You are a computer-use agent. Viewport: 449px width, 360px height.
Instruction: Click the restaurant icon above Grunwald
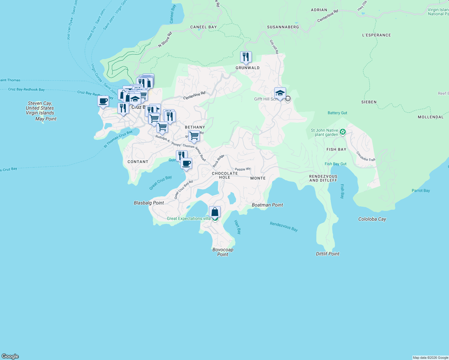point(246,57)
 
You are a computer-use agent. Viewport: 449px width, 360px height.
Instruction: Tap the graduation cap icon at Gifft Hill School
point(280,93)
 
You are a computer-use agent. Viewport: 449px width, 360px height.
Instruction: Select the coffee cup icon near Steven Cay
point(103,101)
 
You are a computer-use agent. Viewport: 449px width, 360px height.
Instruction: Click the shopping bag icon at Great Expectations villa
point(215,212)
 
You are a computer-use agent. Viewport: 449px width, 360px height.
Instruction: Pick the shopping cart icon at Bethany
point(194,136)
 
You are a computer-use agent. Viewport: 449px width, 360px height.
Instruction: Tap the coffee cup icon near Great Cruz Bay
point(186,163)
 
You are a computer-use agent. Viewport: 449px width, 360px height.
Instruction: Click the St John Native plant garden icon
point(343,132)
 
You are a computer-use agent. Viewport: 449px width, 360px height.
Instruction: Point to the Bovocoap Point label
point(223,252)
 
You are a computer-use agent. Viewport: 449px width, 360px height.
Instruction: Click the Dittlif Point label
point(327,254)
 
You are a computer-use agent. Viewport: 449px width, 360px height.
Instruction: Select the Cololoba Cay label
point(372,219)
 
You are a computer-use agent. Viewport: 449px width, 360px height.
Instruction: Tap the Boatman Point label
point(267,205)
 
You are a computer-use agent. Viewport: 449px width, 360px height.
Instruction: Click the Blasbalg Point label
point(149,203)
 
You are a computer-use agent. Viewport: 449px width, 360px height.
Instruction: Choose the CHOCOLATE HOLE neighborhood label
point(225,175)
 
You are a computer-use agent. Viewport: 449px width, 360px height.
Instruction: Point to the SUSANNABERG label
point(283,27)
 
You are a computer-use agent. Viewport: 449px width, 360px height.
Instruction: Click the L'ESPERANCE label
point(376,35)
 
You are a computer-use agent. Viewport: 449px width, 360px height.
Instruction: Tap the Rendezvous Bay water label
point(284,226)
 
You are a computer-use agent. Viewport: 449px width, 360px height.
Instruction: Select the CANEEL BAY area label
point(203,27)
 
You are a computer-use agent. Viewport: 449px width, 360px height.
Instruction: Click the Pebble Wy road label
point(243,169)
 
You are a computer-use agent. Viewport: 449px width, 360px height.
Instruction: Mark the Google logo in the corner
point(10,356)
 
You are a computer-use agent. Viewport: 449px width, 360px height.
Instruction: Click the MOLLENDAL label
point(430,117)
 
